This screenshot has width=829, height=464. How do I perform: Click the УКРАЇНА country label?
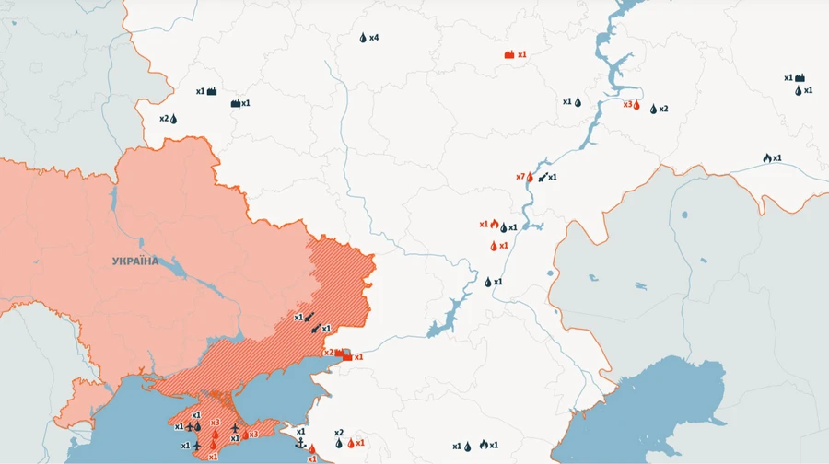click(135, 261)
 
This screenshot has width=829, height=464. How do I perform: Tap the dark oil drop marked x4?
click(363, 38)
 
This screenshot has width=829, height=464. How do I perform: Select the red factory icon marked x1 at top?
click(508, 55)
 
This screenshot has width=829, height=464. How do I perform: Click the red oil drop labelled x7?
click(531, 177)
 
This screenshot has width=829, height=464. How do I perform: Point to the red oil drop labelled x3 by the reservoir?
click(636, 105)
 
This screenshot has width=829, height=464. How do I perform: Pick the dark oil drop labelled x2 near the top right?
click(653, 109)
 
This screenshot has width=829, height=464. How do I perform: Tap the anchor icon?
click(300, 444)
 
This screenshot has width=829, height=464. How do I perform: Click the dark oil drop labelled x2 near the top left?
click(173, 119)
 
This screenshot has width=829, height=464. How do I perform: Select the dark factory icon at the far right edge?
click(800, 78)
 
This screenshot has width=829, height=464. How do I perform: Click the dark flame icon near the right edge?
click(766, 158)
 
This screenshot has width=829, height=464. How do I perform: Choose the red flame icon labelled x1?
click(494, 224)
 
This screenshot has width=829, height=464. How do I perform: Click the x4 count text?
click(374, 38)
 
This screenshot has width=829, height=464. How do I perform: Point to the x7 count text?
click(520, 177)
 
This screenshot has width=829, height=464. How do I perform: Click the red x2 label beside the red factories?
click(328, 353)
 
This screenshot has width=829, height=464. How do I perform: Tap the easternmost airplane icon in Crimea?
click(235, 428)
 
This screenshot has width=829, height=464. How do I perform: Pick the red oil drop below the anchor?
click(311, 449)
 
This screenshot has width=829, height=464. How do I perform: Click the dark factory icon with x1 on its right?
click(236, 103)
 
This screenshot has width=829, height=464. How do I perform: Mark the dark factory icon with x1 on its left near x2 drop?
click(212, 91)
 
